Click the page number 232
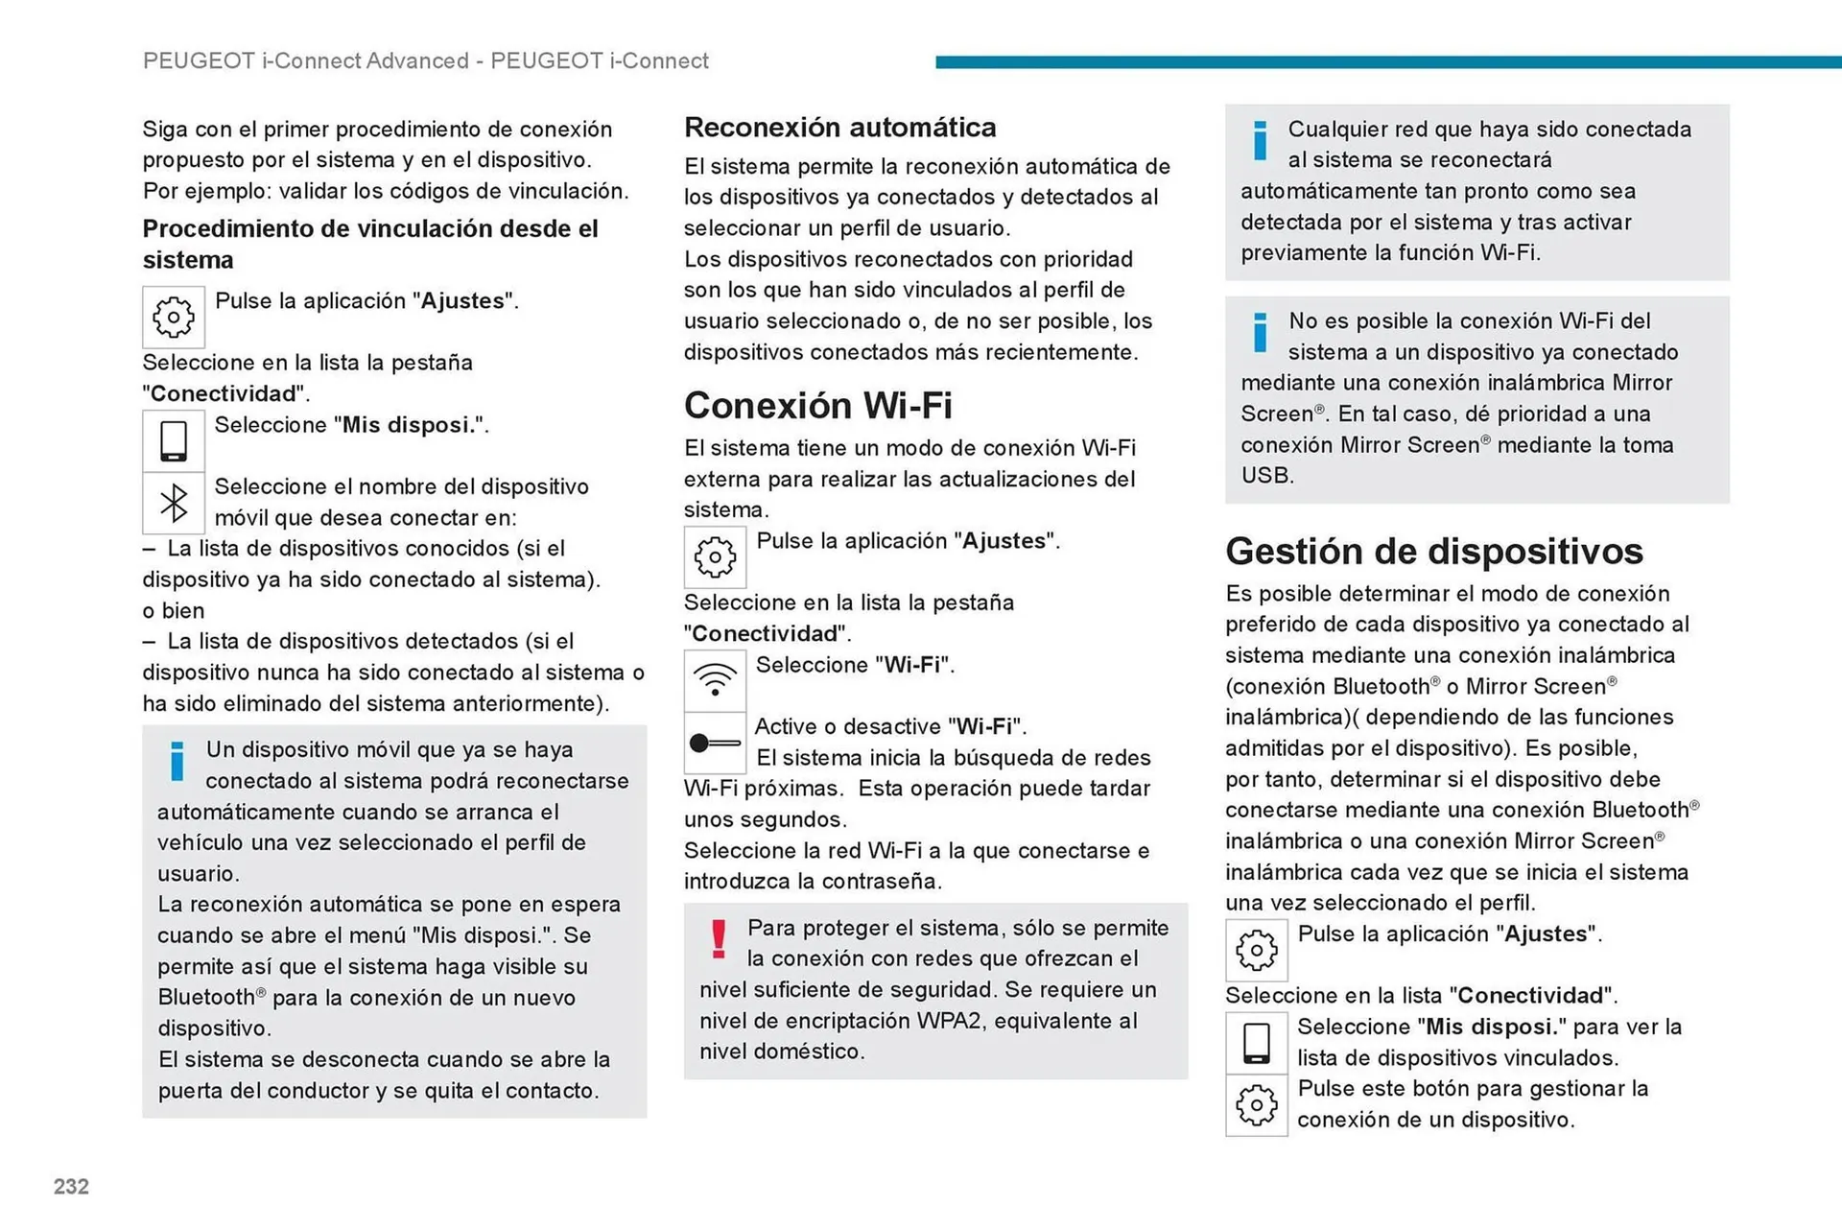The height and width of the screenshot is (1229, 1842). click(71, 1187)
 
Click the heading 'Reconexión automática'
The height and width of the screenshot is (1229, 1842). click(839, 128)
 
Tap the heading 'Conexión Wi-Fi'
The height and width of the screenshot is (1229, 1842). click(817, 406)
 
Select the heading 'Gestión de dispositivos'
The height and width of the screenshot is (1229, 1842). click(1433, 552)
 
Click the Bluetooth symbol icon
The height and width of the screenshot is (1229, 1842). click(174, 503)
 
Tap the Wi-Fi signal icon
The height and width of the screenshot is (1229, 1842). click(715, 680)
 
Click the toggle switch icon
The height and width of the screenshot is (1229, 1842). click(715, 743)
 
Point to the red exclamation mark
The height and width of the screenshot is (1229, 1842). click(719, 939)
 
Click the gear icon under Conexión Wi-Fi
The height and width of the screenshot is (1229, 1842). click(715, 557)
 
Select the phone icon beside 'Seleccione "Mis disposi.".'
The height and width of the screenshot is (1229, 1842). click(174, 441)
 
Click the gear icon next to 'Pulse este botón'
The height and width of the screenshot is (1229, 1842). click(1256, 1105)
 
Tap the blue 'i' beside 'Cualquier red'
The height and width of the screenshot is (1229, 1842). click(1260, 141)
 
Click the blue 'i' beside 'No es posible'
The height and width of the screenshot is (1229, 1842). click(1260, 333)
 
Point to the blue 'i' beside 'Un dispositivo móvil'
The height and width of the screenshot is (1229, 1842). click(177, 761)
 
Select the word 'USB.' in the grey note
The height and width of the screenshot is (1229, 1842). click(1266, 476)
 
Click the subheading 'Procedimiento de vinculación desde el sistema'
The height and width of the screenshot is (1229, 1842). click(369, 244)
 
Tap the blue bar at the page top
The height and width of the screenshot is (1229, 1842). click(1387, 62)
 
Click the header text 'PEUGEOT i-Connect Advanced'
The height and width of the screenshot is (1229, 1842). click(306, 61)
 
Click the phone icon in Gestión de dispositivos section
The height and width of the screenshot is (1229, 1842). click(1256, 1043)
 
